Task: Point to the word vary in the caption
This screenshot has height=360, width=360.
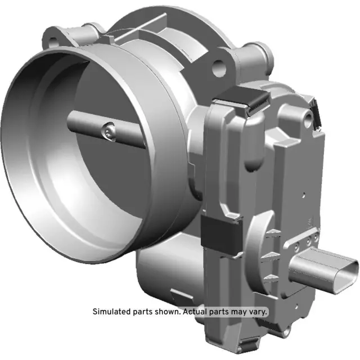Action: tap(258, 312)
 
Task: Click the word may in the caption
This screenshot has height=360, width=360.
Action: tap(240, 312)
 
